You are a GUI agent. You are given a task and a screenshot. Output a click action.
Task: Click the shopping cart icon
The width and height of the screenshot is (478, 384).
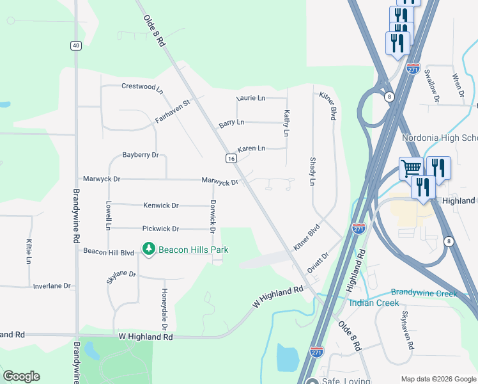412,169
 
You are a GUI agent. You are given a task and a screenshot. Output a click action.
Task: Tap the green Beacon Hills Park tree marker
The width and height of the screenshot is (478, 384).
149,248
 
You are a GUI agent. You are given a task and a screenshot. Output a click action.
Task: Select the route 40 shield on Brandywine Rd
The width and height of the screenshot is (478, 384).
76,45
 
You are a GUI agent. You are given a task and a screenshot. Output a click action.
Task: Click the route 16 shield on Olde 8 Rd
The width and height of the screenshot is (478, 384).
231,158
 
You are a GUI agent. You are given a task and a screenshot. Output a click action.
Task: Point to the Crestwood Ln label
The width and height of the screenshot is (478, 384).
143,86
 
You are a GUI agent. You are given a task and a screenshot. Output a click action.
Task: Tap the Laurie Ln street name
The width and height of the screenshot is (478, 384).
251,99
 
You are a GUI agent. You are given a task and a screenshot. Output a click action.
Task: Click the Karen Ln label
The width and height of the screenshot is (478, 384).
251,148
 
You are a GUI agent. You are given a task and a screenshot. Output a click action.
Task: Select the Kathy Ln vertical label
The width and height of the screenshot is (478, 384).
286,122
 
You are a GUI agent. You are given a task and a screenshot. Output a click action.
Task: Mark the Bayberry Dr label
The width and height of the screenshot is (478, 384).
141,156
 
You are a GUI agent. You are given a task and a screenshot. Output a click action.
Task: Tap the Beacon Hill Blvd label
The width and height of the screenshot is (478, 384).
109,253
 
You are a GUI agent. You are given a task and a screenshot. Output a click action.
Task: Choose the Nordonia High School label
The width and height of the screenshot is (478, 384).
440,138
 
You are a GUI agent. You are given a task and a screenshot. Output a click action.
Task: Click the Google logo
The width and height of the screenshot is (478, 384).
21,376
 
